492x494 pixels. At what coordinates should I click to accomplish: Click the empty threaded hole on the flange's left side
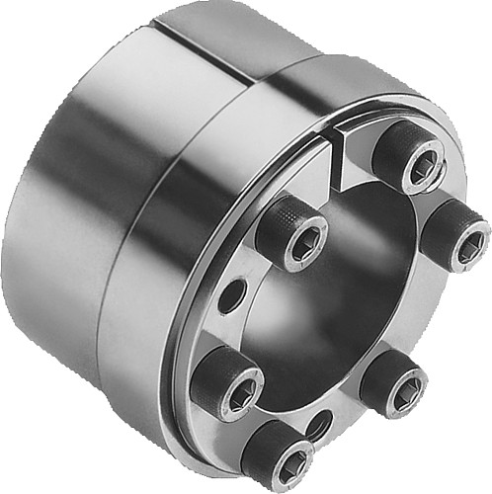230,294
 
